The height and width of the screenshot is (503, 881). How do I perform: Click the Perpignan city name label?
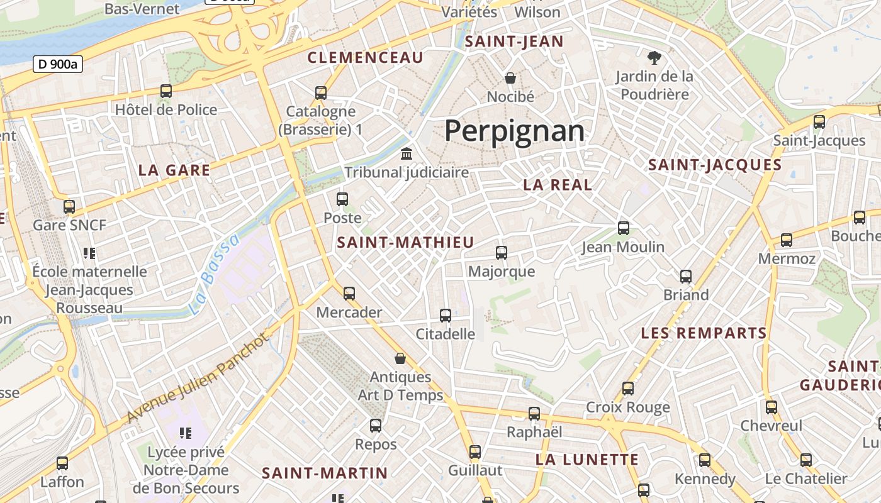514,131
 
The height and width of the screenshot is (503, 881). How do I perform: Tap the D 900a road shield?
57,64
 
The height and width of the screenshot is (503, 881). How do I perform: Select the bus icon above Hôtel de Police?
166,91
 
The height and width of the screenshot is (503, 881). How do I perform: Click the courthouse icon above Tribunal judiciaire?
407,153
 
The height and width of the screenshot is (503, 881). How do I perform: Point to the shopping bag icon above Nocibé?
510,78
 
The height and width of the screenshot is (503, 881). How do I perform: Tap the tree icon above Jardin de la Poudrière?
654,58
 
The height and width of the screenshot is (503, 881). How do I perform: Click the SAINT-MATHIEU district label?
405,243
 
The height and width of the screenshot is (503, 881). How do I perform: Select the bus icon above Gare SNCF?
69,206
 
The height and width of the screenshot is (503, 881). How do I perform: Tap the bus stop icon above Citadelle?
446,315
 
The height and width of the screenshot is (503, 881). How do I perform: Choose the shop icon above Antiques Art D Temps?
400,358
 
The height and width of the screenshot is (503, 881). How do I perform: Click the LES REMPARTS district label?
704,333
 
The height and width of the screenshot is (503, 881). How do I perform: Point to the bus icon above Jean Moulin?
624,228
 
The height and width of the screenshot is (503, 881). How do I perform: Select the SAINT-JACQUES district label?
715,165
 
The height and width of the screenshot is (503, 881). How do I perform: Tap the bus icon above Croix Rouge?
628,389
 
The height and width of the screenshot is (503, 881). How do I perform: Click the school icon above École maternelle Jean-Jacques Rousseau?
89,253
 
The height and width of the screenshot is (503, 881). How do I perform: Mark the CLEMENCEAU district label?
365,58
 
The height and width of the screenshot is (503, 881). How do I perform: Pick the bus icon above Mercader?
349,293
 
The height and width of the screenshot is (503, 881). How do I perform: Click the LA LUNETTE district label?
587,460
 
